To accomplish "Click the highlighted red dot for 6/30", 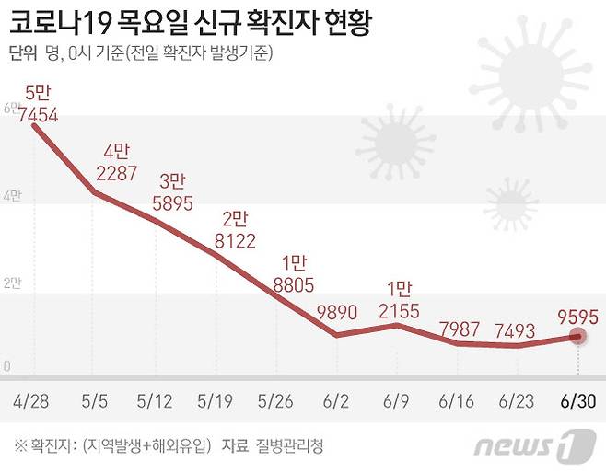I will click(577, 337).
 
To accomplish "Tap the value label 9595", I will click(577, 316).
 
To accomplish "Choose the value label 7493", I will click(517, 329).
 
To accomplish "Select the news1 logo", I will click(535, 446).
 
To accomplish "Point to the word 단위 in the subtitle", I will click(23, 53).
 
